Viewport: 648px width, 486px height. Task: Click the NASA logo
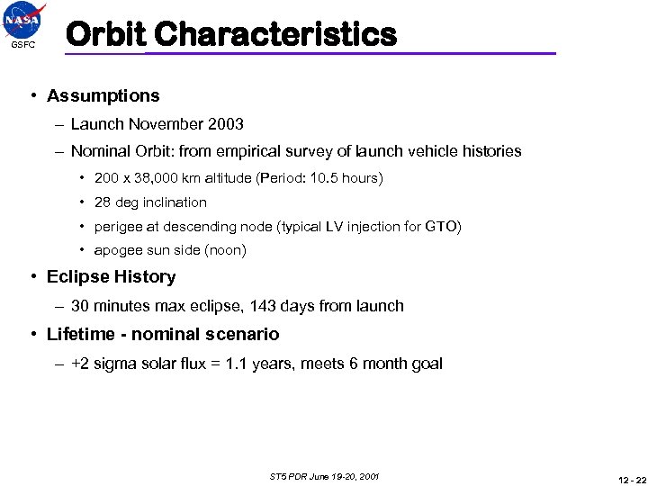[x=24, y=21]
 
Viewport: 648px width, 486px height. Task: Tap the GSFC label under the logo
[x=24, y=45]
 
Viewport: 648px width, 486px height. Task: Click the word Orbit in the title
[x=105, y=34]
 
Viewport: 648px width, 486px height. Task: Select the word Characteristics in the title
[x=274, y=34]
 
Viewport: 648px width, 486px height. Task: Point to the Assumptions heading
[x=103, y=95]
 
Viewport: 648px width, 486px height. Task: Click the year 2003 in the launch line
[x=225, y=124]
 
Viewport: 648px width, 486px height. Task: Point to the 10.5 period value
[x=322, y=178]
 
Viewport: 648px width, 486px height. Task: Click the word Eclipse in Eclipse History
[x=78, y=277]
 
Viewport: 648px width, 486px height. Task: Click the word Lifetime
[x=82, y=335]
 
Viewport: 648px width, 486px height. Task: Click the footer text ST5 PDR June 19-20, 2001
[x=324, y=475]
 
